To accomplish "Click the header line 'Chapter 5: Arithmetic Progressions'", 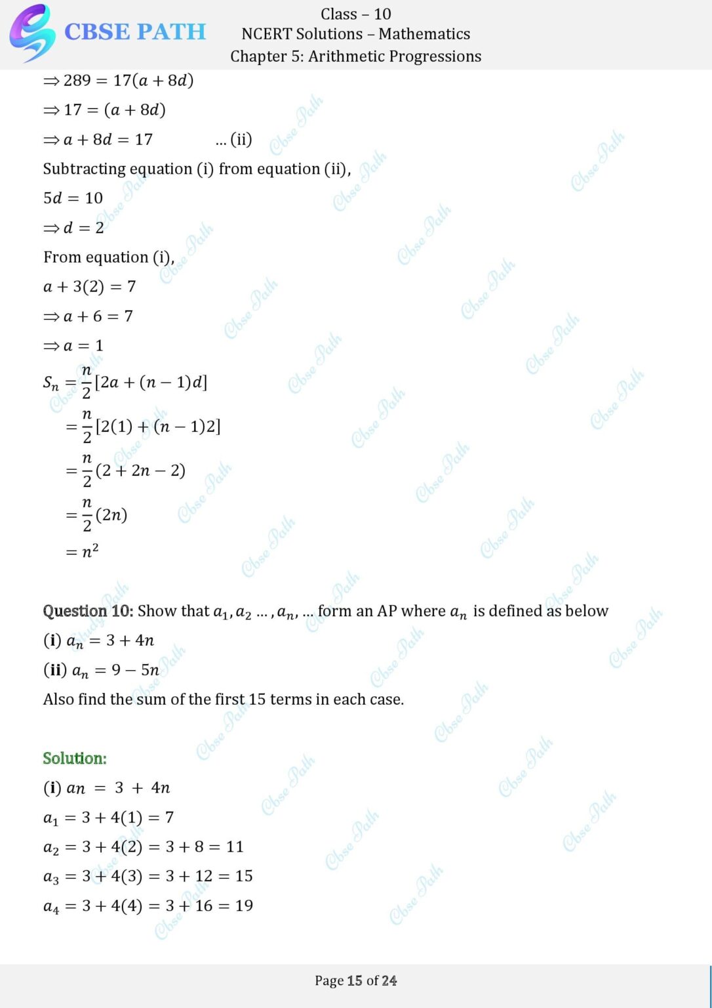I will pos(355,56).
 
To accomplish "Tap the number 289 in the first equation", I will pos(77,81).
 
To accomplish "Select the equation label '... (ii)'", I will pos(233,139).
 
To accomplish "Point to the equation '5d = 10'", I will pos(73,198).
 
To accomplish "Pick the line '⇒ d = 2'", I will pos(73,228).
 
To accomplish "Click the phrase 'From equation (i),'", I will pos(109,257).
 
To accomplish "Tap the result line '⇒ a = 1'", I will pos(73,346).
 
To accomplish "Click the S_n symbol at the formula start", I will pos(50,383).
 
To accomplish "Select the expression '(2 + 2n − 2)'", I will pos(140,471).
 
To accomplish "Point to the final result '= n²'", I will pos(83,552).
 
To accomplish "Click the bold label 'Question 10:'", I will pos(88,611).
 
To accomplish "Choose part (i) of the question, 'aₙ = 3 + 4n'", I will pos(110,640).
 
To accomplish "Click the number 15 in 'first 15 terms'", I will pos(257,700).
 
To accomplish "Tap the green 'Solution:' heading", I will pos(75,759).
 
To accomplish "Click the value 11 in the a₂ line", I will pos(234,847).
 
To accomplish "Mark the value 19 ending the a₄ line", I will pos(244,906).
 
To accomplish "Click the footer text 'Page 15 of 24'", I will pos(355,980).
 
